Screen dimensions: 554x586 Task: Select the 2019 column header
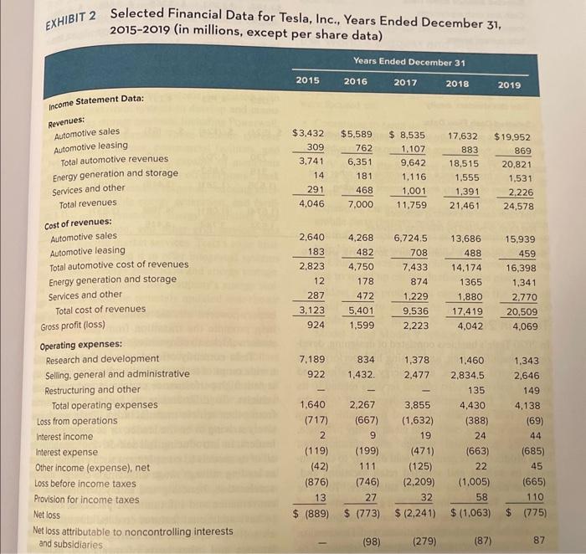(x=510, y=85)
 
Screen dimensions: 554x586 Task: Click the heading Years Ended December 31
(x=409, y=61)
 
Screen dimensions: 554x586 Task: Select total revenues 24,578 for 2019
(x=521, y=206)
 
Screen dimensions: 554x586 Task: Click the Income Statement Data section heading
(x=97, y=100)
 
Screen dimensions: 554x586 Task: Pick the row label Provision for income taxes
(x=86, y=500)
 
